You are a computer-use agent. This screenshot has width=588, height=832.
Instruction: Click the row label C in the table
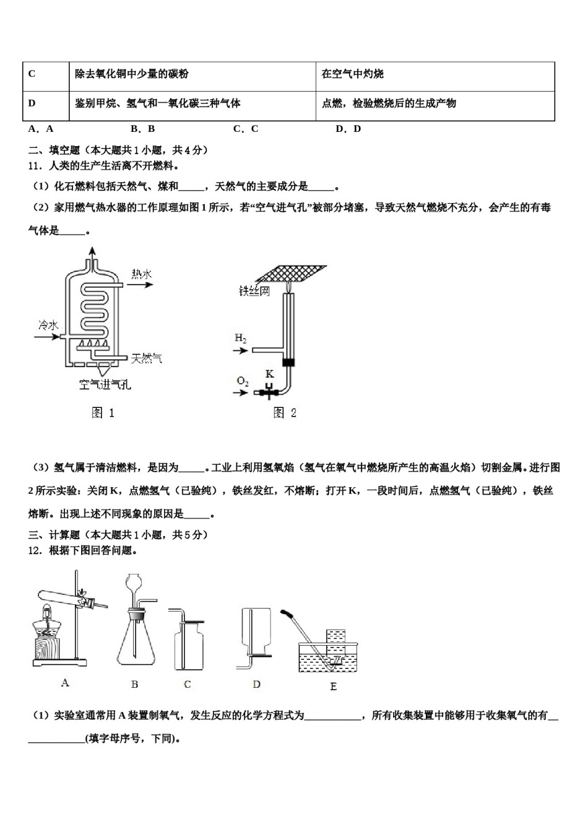[32, 74]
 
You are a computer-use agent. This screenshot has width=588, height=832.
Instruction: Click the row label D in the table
[32, 103]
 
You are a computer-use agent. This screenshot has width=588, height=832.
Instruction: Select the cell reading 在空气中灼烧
[352, 74]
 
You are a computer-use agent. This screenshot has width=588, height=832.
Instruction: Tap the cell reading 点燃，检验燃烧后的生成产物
[389, 103]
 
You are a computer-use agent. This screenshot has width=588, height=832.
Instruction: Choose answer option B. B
[143, 129]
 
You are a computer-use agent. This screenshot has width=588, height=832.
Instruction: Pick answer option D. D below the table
[348, 129]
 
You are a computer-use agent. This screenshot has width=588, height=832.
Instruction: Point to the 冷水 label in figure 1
[48, 325]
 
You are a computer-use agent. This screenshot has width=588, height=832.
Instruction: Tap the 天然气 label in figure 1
[147, 358]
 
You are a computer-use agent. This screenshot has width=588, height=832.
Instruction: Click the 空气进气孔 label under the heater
[105, 384]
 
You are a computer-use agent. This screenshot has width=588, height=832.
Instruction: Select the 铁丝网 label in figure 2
[254, 291]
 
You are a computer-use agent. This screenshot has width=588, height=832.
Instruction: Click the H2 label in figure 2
[241, 338]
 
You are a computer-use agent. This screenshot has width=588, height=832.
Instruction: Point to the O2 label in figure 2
[243, 381]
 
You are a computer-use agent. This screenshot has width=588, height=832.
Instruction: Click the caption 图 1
[103, 413]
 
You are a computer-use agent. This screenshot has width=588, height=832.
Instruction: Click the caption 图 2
[285, 413]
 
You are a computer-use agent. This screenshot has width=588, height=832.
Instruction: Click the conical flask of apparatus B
[135, 644]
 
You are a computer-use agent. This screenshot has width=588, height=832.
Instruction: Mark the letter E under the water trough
[334, 686]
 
